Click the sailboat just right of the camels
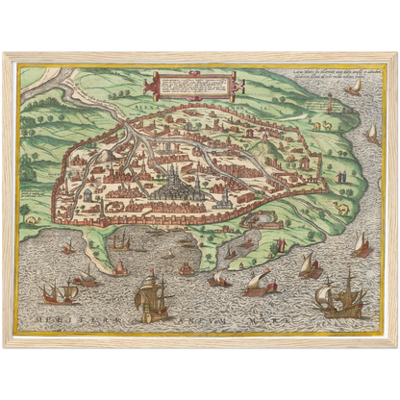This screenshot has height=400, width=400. pos(371,132)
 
